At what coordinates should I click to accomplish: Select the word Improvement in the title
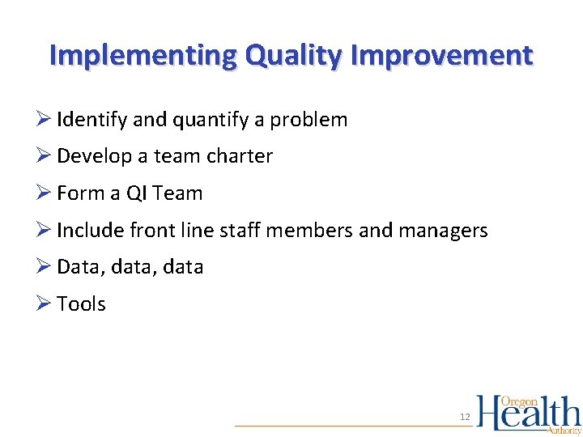click(443, 56)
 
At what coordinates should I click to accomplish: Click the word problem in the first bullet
click(309, 121)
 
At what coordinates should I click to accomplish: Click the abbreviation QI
click(135, 193)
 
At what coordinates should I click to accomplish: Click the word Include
click(90, 231)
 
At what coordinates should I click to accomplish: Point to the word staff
click(239, 231)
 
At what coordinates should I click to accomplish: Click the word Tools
click(81, 304)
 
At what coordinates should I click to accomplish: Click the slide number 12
click(465, 417)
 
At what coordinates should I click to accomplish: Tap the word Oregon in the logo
click(519, 401)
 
